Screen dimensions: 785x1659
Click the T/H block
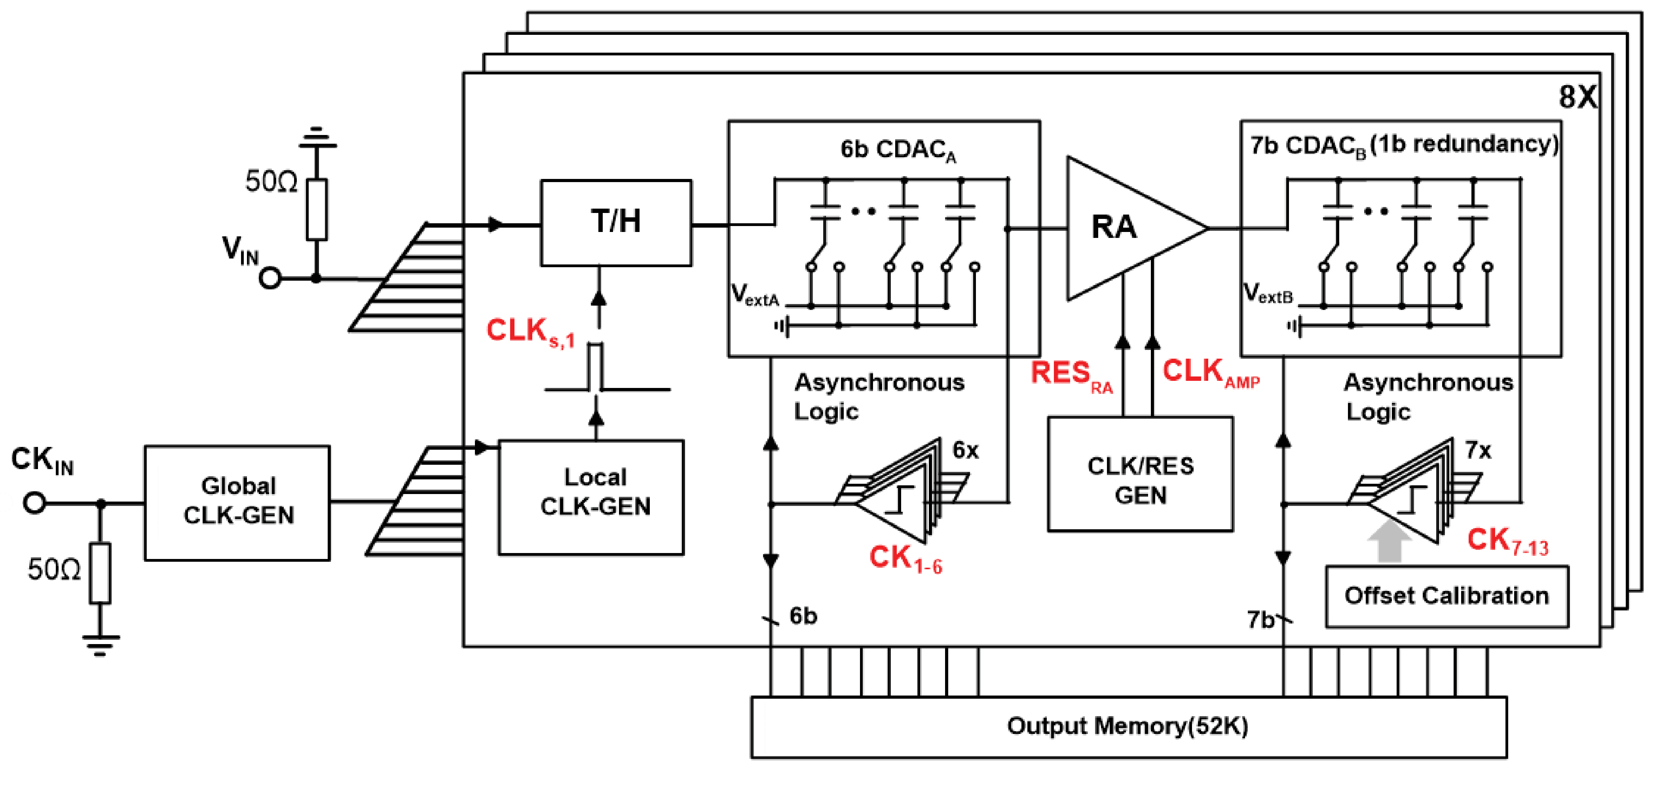point(616,222)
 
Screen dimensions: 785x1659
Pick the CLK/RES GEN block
point(1140,474)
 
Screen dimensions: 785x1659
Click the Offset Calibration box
point(1446,596)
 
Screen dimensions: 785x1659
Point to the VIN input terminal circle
point(270,279)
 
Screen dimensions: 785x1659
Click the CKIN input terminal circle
point(35,502)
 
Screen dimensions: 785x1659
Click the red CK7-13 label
point(1506,541)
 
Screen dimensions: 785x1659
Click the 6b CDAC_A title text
point(898,149)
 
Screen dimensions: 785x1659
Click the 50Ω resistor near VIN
point(316,209)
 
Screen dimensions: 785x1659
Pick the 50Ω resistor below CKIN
point(100,573)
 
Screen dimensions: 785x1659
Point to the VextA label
point(754,295)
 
